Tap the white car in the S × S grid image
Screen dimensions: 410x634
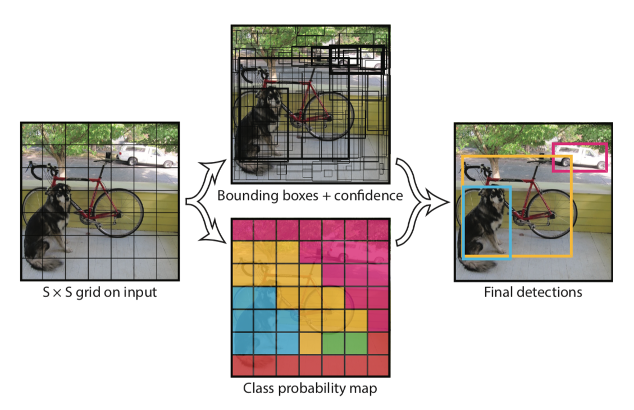146,155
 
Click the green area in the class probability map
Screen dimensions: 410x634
344,342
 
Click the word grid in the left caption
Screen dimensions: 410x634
97,292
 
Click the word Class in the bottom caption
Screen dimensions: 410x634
258,388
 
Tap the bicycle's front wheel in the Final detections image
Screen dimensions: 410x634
551,213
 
